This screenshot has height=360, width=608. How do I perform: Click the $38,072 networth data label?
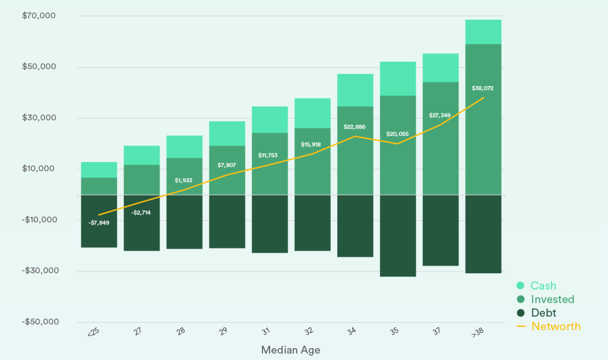483,88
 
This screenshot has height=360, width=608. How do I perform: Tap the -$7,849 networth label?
99,223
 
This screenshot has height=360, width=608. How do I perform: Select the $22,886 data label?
355,127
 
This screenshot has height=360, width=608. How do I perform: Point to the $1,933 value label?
184,180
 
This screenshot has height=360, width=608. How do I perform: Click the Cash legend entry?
543,286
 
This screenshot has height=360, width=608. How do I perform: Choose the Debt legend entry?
543,313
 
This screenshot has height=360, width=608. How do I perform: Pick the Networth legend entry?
555,326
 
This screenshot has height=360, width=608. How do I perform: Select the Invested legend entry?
552,299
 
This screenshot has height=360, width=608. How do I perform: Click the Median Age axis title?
290,350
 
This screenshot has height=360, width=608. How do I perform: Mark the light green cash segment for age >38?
483,32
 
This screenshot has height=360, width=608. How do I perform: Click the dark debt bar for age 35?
398,235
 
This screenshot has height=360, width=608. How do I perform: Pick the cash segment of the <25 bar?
99,170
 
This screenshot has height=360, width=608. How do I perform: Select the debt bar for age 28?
184,222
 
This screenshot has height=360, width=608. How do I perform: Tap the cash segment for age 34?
355,90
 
